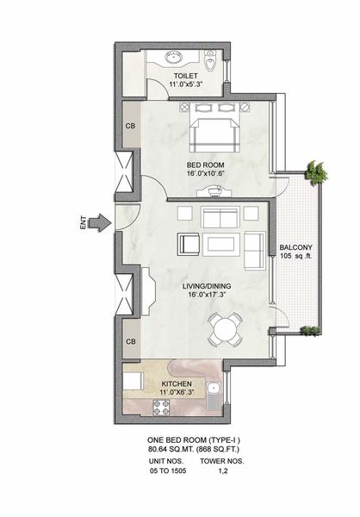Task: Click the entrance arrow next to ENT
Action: click(101, 222)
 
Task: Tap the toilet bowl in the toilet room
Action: click(209, 60)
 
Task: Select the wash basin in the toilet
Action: click(173, 57)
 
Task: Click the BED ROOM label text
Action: click(205, 165)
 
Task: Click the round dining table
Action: click(224, 329)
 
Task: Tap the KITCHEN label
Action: click(177, 383)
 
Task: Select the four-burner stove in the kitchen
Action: click(161, 407)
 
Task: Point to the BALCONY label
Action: click(295, 247)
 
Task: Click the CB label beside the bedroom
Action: click(130, 126)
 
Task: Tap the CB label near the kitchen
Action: click(131, 341)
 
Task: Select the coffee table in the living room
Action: click(220, 245)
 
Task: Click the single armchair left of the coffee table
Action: click(189, 244)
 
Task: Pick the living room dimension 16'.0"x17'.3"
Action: click(207, 295)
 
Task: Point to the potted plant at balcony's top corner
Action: click(316, 171)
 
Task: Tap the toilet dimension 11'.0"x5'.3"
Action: click(186, 84)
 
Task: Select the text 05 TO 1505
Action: click(168, 470)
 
